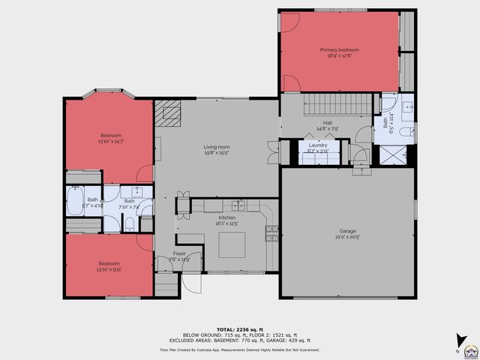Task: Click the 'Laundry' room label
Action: pyautogui.click(x=318, y=145)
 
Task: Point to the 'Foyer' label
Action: pyautogui.click(x=179, y=253)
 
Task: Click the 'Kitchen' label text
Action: pyautogui.click(x=216, y=217)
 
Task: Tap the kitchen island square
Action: pyautogui.click(x=232, y=244)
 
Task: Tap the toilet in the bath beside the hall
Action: pyautogui.click(x=405, y=133)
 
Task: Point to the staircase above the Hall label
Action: pyautogui.click(x=337, y=104)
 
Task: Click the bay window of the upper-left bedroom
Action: pyautogui.click(x=109, y=95)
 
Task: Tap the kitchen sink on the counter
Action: pyautogui.click(x=238, y=205)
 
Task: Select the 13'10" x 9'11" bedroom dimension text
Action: pyautogui.click(x=109, y=269)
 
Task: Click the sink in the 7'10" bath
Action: pyautogui.click(x=136, y=191)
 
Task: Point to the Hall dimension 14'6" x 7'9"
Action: pyautogui.click(x=328, y=129)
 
